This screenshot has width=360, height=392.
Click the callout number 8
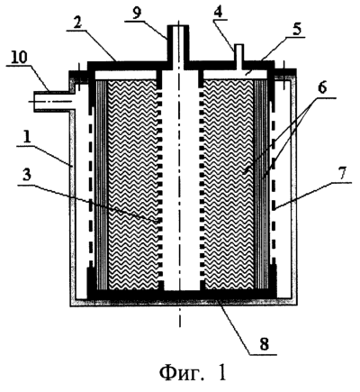(264, 345)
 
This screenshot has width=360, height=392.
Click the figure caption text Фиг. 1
(193, 373)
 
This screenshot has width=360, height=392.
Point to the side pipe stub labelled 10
(53, 102)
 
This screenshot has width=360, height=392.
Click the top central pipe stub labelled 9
(178, 43)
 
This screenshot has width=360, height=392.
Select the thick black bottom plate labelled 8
(182, 295)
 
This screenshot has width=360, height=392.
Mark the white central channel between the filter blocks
(181, 180)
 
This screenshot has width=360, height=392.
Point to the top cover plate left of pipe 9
(127, 64)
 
